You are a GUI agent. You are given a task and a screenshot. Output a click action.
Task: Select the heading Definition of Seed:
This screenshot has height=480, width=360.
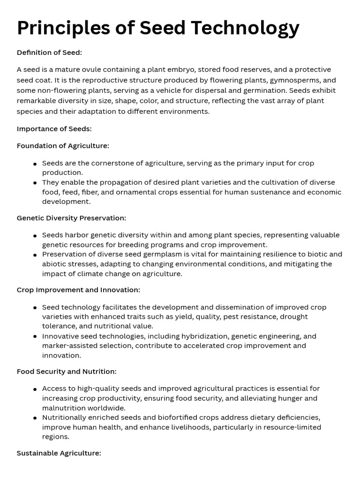[49, 52]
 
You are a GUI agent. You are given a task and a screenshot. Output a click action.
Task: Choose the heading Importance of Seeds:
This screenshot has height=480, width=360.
[54, 128]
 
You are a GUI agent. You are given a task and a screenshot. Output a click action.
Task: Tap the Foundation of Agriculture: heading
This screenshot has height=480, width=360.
[63, 146]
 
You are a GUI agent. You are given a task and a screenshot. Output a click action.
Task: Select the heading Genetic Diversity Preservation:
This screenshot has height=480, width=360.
[71, 218]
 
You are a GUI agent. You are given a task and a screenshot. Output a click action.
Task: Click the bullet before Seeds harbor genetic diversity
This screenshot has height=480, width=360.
[35, 236]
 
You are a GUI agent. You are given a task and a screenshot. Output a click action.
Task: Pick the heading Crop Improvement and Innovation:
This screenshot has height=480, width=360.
[78, 290]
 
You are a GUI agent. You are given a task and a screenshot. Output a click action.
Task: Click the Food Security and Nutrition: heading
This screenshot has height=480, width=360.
[67, 371]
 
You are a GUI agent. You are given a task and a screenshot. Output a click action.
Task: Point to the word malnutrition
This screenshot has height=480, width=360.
[63, 408]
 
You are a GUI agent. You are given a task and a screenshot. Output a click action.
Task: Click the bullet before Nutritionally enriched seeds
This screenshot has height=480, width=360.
[35, 418]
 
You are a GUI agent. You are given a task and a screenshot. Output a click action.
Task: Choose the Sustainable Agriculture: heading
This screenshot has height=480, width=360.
[59, 453]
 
